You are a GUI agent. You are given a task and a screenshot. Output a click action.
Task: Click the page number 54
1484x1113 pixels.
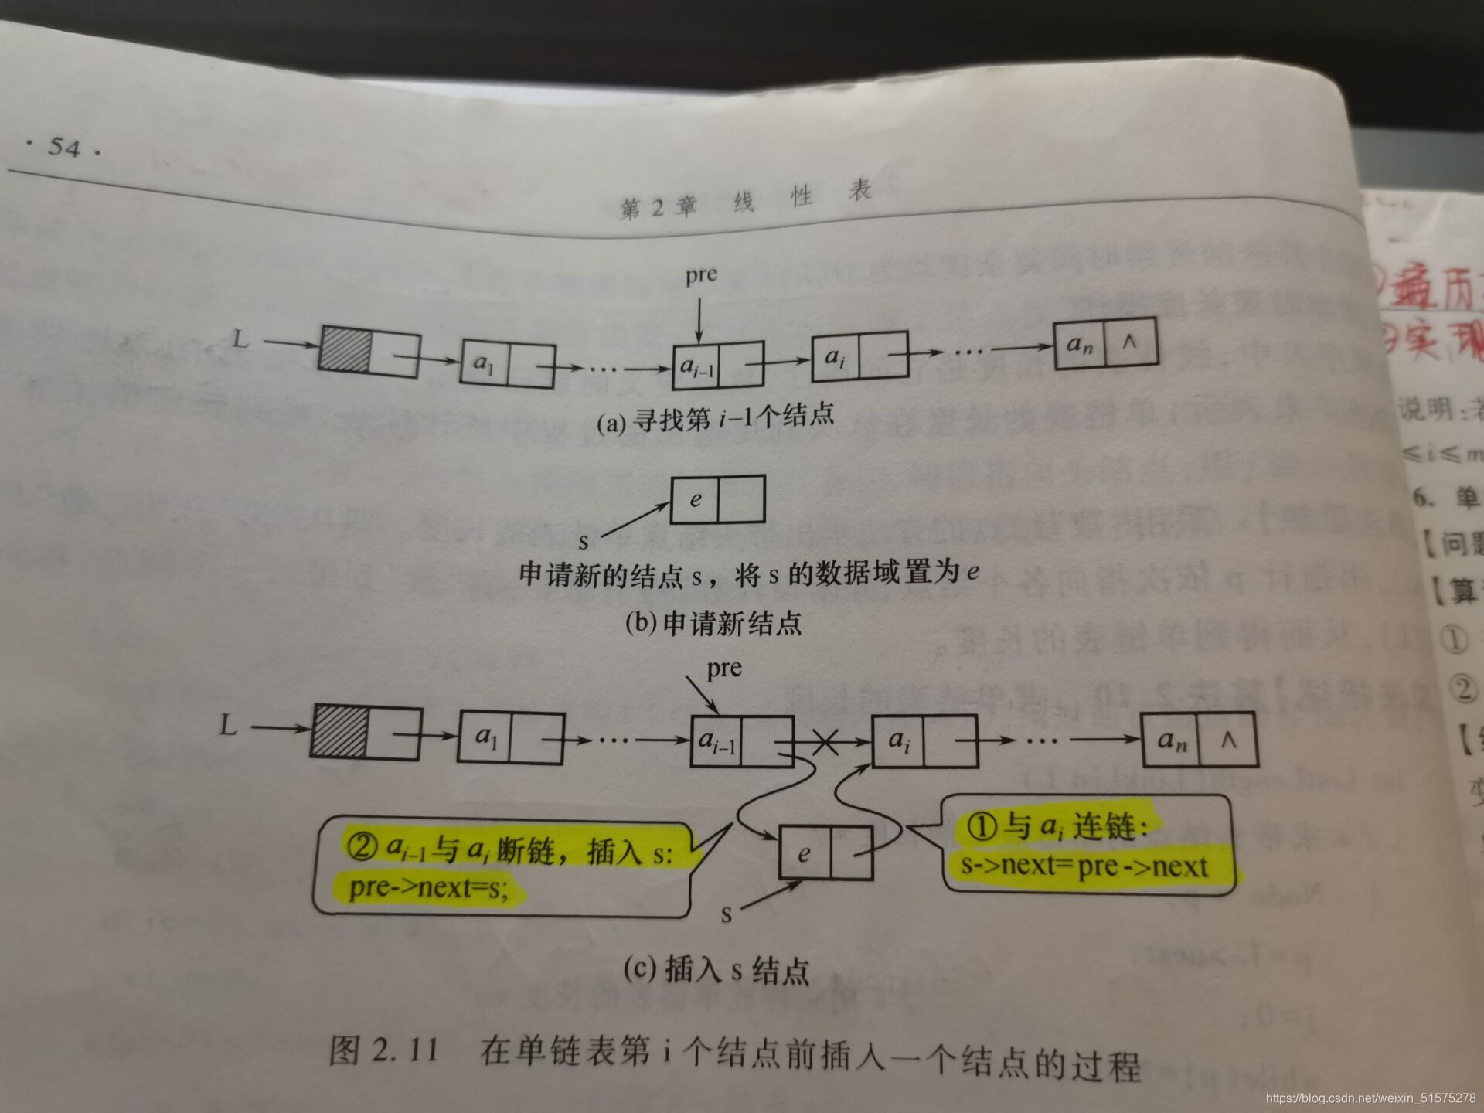coord(63,147)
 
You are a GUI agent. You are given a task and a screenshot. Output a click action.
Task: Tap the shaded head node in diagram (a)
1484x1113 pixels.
coord(345,350)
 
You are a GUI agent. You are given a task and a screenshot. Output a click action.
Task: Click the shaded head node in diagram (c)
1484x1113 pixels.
coord(339,730)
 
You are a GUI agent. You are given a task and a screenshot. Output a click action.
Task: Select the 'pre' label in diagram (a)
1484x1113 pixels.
coord(701,275)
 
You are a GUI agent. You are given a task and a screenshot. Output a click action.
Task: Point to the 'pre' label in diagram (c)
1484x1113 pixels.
coord(724,668)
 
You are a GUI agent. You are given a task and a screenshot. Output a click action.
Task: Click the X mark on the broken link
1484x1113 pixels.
coord(825,743)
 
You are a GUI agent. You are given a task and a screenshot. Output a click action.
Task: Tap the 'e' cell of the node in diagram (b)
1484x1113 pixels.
coord(695,499)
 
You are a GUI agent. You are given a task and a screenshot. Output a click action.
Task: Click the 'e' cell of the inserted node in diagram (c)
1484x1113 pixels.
coord(804,853)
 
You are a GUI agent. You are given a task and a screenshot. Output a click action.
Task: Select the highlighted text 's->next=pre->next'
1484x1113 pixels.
coord(1084,866)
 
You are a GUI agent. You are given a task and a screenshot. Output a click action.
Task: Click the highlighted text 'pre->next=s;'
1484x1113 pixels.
coord(429,887)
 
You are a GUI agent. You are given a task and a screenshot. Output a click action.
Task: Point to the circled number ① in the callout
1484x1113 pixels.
coord(982,826)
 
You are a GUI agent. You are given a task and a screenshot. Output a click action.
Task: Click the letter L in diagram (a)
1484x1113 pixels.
coord(241,339)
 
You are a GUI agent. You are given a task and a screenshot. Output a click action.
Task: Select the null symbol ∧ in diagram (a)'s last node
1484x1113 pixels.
coord(1129,341)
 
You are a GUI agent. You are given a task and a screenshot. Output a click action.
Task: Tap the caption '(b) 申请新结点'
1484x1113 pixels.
coord(713,623)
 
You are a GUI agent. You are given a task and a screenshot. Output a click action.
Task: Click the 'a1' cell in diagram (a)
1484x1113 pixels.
coord(484,363)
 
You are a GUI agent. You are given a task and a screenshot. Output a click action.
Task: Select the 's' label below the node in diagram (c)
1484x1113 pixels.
coord(726,915)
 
